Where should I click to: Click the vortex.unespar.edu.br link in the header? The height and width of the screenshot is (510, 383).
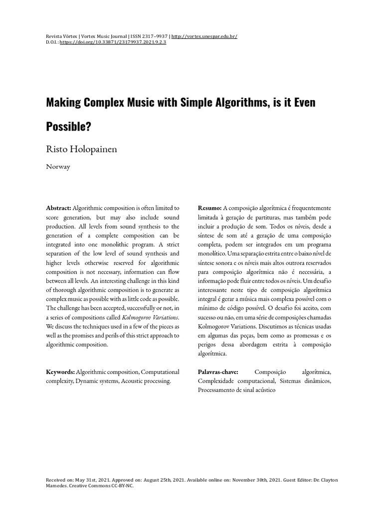tap(204, 37)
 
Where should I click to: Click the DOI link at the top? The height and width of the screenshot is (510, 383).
tap(113, 42)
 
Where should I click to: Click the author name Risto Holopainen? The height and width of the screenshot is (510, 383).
tap(81, 149)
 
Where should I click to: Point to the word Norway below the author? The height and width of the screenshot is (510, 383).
tap(58, 167)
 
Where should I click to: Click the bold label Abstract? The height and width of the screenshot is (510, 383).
tap(59, 208)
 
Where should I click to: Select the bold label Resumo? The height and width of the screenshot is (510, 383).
tap(209, 208)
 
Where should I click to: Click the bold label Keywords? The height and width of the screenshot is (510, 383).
tap(60, 372)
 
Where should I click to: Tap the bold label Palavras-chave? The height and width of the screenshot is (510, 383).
tap(218, 372)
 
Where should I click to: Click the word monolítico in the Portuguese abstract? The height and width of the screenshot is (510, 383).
tap(212, 254)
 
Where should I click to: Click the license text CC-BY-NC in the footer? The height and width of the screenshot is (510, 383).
tap(121, 486)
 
